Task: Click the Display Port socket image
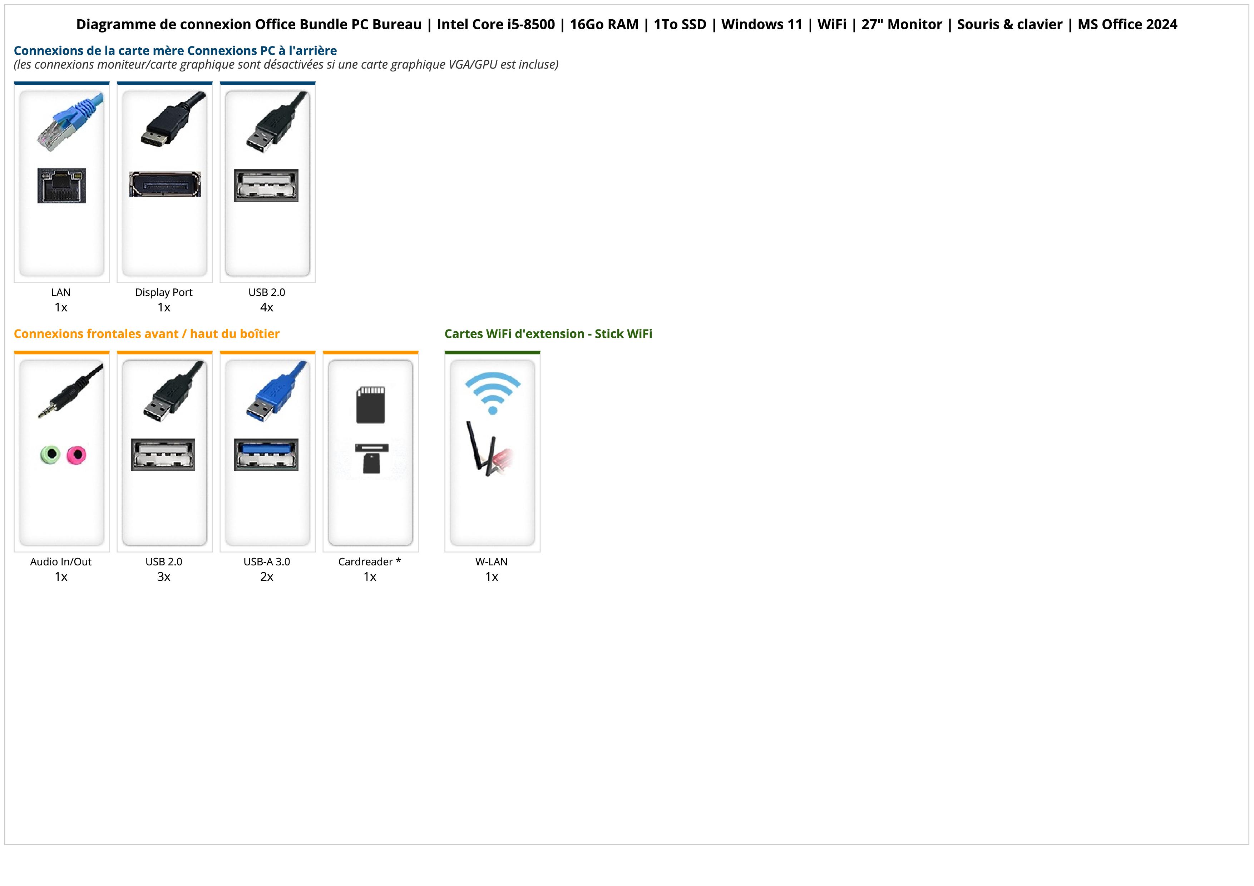tap(165, 184)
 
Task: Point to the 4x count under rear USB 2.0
tap(267, 307)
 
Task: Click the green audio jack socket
tap(50, 454)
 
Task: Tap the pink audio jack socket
tap(76, 455)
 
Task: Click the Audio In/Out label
tap(61, 562)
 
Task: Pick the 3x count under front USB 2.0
tap(164, 577)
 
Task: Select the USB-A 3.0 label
tap(267, 562)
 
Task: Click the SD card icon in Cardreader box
tap(370, 405)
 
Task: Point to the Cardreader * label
tap(369, 562)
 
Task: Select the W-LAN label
tap(492, 562)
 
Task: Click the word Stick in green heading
tap(608, 334)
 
